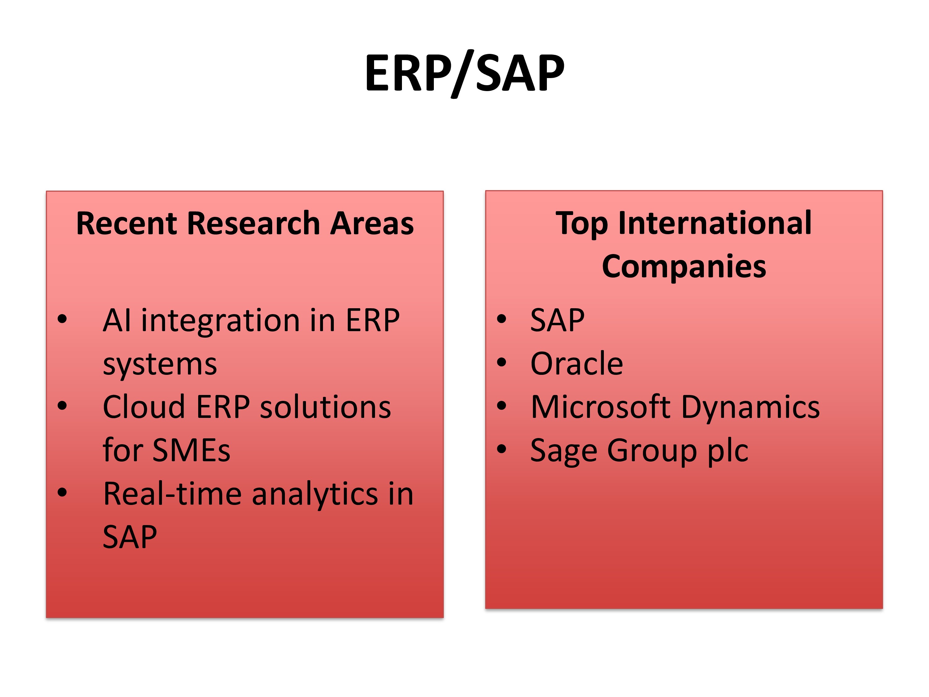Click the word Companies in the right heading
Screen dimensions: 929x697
(x=684, y=267)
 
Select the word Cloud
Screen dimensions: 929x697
(x=144, y=407)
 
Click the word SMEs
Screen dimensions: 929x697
(x=191, y=450)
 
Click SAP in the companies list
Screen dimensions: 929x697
(x=557, y=320)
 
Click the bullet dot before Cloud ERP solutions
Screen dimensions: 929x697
(x=62, y=406)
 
